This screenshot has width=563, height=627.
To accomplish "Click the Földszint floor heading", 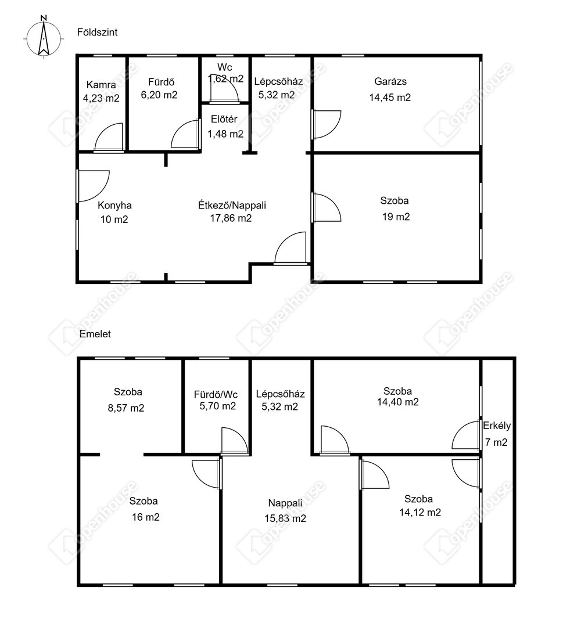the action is click(97, 33).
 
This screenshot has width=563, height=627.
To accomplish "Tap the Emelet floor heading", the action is click(95, 334).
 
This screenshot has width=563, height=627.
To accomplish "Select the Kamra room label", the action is click(101, 85).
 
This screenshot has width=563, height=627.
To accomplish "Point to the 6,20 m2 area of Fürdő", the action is click(159, 95).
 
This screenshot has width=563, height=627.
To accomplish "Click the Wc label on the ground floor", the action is click(224, 67).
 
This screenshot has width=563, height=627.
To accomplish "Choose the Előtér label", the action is click(224, 119).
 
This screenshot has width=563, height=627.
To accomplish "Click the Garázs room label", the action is click(390, 82).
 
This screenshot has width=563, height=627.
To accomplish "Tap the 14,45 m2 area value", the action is click(390, 98).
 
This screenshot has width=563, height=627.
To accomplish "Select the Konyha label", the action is click(115, 206).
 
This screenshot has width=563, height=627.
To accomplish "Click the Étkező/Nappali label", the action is click(232, 206).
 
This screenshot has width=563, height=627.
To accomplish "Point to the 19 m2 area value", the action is click(396, 217).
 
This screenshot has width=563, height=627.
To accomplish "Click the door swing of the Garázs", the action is click(327, 124).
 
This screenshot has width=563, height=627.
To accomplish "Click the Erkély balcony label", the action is click(497, 426).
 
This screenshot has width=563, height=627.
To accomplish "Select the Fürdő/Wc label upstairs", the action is click(216, 395).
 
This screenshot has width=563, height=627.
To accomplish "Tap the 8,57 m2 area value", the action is click(126, 408).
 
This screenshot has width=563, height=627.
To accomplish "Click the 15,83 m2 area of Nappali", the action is click(285, 518).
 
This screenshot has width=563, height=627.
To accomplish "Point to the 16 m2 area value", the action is click(146, 517).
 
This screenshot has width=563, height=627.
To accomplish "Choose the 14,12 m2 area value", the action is click(420, 513).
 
